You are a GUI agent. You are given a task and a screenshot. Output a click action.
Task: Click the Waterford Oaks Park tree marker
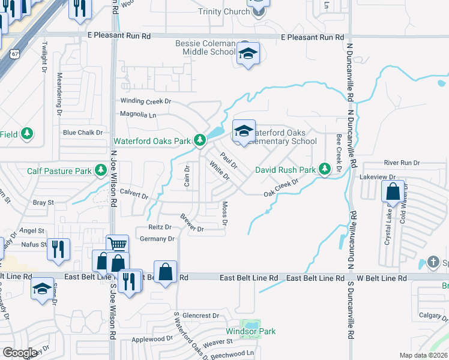(200, 141)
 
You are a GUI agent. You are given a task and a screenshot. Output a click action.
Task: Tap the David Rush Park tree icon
(325, 170)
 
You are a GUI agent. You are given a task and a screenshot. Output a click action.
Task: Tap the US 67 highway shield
(13, 54)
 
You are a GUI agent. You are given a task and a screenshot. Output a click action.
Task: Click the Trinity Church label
(224, 12)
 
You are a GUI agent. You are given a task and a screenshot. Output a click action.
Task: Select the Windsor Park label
(250, 331)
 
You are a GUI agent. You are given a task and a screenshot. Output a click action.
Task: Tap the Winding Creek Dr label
(146, 101)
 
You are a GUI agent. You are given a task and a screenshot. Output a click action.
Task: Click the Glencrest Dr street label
(201, 315)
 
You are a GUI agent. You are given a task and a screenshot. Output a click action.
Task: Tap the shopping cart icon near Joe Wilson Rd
(117, 244)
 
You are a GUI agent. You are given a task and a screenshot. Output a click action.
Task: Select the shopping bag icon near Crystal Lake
(393, 193)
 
